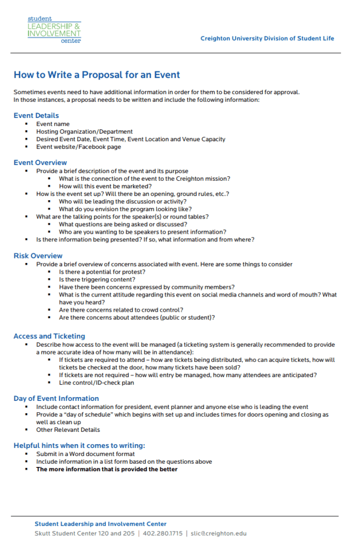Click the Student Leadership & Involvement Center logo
(x=54, y=29)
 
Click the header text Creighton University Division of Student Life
(x=267, y=38)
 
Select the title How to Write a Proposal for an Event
(x=97, y=75)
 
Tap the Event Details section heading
(x=36, y=115)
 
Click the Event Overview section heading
(x=40, y=162)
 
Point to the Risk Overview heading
(x=38, y=255)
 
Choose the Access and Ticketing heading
(x=49, y=336)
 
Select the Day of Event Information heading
(x=56, y=399)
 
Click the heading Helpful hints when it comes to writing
(x=79, y=445)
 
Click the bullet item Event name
(x=52, y=124)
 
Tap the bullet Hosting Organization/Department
(x=84, y=131)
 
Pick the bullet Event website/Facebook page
(x=78, y=147)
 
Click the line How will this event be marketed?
(x=105, y=186)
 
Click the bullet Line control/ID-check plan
(x=96, y=382)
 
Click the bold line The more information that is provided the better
(x=106, y=469)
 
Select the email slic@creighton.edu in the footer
(x=219, y=533)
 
